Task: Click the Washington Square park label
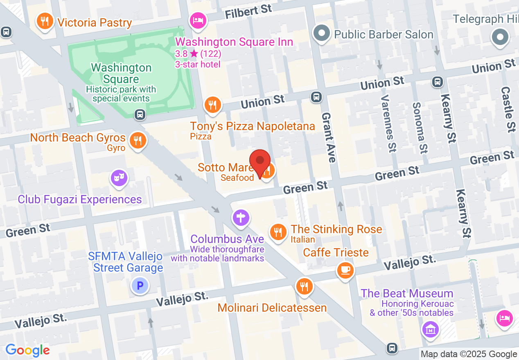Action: (121, 74)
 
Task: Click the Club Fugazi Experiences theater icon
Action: (119, 178)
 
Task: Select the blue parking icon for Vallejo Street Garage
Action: (140, 286)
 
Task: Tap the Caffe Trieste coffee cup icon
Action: (345, 270)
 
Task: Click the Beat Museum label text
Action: (407, 294)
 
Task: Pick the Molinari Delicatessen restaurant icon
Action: (304, 286)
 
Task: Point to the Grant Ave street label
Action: (329, 137)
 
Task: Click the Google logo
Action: (27, 350)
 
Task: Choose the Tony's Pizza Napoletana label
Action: (253, 126)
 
